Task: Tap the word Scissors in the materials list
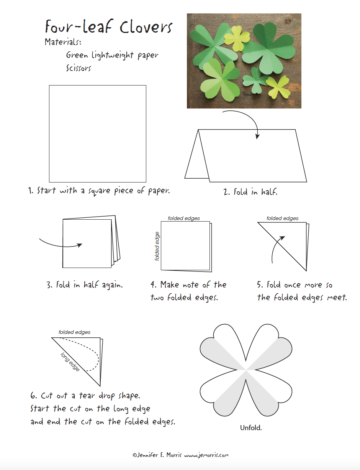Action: [x=79, y=68]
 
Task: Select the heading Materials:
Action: [x=63, y=42]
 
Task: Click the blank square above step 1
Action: [x=97, y=133]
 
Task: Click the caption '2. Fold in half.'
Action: [x=250, y=192]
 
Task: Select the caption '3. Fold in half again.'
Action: [x=85, y=285]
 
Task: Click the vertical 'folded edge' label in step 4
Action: [x=157, y=247]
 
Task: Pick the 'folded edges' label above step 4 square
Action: [x=184, y=219]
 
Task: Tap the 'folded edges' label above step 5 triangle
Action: [x=282, y=219]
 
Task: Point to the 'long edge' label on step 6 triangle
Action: [x=70, y=362]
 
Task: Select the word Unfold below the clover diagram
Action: [x=251, y=428]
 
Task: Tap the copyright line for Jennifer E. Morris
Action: [x=180, y=455]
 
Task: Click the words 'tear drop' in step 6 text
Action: [x=93, y=396]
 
